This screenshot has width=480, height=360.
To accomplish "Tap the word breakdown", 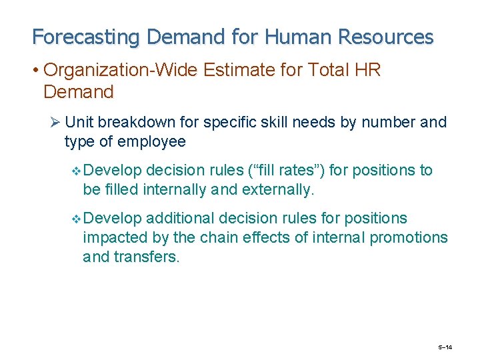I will (135, 123).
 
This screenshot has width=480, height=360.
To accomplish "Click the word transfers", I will (150, 256).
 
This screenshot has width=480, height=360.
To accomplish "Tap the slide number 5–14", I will (445, 347).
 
